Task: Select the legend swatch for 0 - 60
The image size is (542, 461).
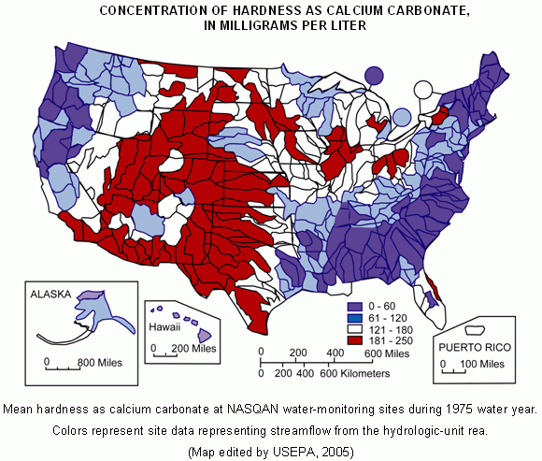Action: pos(354,306)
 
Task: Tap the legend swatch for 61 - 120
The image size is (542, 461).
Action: pos(354,318)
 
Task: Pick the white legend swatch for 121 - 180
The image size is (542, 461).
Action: pos(354,329)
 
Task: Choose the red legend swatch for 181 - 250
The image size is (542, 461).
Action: pos(354,340)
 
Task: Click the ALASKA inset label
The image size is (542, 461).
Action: pos(51,293)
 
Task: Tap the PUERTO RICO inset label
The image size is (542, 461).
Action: pos(473,346)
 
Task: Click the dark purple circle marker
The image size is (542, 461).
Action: pos(374,75)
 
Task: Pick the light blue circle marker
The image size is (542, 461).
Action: pos(402,117)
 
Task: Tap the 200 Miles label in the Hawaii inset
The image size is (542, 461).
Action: pos(193,348)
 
